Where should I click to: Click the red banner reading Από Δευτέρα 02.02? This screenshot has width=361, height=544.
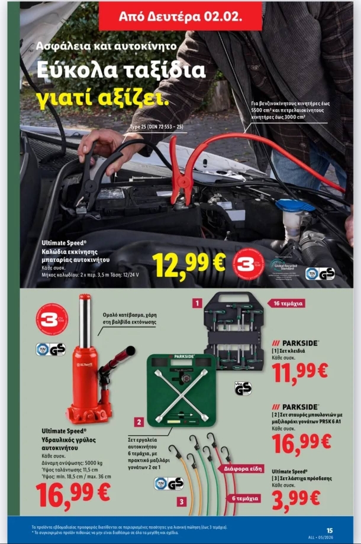(172, 16)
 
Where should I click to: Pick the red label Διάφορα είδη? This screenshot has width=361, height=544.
(243, 468)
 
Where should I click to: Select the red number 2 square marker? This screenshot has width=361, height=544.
(138, 422)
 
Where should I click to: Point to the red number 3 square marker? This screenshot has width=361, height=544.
(182, 501)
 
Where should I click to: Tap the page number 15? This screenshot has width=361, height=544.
(330, 530)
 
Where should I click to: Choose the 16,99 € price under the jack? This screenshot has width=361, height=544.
(73, 494)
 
